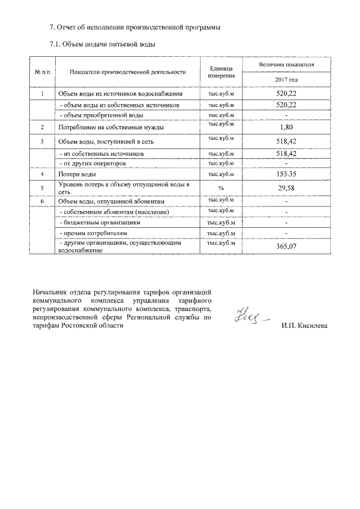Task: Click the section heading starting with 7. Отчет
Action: click(132, 27)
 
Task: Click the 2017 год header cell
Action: click(286, 80)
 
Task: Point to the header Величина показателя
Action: click(286, 65)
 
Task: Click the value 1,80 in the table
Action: click(286, 128)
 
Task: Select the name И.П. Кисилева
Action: click(305, 326)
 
